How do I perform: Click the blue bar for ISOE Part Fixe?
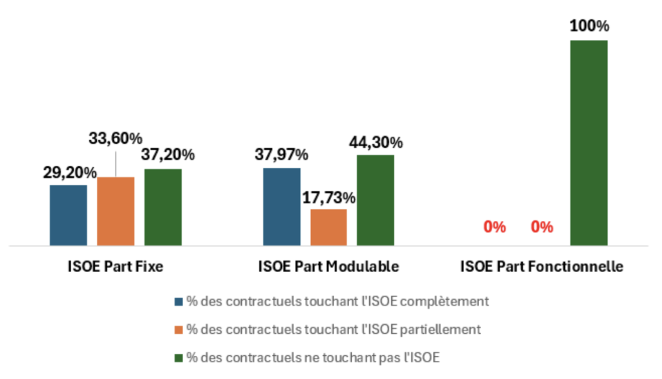click(69, 215)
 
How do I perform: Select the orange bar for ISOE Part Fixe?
click(116, 211)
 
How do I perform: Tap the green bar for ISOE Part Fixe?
click(163, 207)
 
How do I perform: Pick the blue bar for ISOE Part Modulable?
click(282, 207)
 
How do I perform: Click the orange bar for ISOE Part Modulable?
click(328, 227)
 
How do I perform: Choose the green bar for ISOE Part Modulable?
click(375, 200)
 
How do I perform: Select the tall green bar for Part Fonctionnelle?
click(588, 143)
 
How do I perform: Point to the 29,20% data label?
click(70, 172)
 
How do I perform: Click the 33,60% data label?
click(116, 138)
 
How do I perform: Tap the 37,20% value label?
click(168, 155)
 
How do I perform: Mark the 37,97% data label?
click(283, 155)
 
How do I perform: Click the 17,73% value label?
click(329, 197)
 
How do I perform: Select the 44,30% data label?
click(376, 142)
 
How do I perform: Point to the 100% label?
click(588, 26)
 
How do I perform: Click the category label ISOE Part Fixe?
click(116, 266)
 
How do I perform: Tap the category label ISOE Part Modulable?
click(328, 266)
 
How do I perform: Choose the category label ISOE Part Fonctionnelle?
click(542, 266)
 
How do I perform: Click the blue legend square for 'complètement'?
click(179, 302)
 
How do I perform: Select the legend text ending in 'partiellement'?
click(334, 329)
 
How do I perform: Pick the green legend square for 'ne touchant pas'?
click(179, 358)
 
